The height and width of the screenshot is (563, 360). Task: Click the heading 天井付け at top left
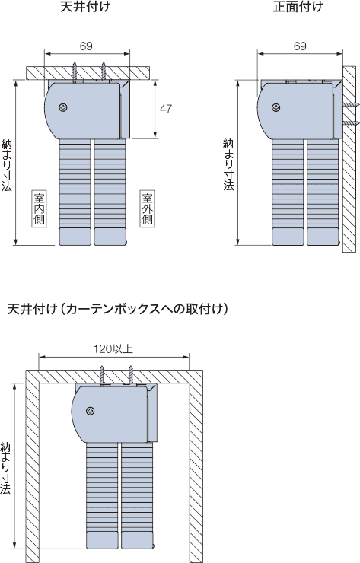coord(85,7)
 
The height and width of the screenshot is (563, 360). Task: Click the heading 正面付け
coord(298,7)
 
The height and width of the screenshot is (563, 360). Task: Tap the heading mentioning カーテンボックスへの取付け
coord(117,309)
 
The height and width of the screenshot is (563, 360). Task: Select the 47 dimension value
coord(165,109)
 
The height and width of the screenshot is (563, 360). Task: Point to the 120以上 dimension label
coord(113,348)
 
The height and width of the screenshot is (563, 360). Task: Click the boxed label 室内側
coord(39,208)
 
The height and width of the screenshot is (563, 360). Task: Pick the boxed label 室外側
coord(148,208)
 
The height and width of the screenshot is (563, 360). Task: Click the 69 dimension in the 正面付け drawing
coord(300,46)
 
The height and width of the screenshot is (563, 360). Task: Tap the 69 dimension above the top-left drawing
coord(86,46)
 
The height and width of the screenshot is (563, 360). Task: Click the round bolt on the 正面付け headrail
coord(276,107)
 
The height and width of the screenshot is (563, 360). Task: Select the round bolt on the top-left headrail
coord(63,107)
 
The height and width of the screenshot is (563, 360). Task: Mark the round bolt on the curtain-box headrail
coord(91,411)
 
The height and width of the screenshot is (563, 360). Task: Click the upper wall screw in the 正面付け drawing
coord(350,105)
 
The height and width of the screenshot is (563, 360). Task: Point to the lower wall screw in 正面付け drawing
coord(350,123)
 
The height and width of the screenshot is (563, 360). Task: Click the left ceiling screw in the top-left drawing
coord(75,72)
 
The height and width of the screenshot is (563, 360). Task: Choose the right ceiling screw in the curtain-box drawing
coord(131,375)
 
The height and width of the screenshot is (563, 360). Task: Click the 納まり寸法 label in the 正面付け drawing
coord(228,164)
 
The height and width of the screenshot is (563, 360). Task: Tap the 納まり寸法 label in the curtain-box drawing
coord(5,468)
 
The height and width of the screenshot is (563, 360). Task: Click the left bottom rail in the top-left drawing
coord(75,237)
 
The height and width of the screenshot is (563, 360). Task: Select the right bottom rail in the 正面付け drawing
coord(323,237)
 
